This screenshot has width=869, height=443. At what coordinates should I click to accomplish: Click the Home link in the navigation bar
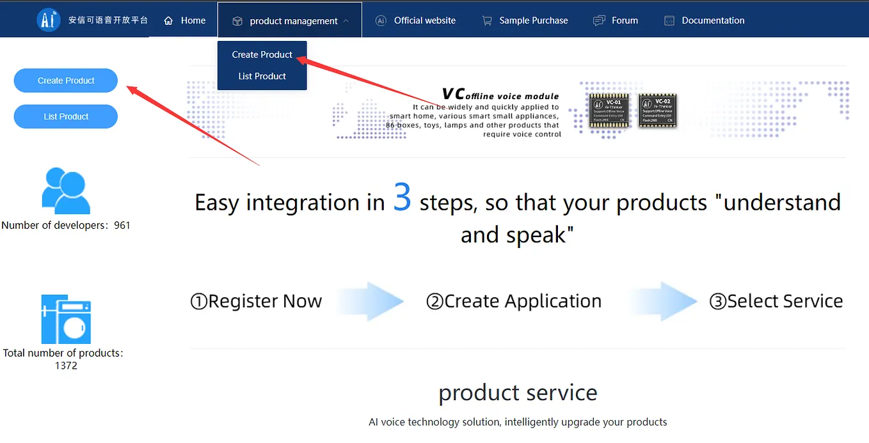(185, 20)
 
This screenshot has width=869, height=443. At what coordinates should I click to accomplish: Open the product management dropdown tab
(291, 21)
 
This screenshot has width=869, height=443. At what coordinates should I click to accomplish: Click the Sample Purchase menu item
(525, 20)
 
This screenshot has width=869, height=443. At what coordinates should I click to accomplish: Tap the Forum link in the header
(616, 20)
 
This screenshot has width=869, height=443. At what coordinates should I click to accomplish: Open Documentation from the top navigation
(705, 20)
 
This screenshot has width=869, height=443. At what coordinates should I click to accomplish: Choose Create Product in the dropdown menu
(262, 54)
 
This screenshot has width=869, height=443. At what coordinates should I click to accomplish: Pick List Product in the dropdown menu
(262, 76)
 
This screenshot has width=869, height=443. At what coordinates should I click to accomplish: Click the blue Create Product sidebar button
(66, 81)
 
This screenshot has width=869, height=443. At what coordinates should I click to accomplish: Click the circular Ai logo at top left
(49, 20)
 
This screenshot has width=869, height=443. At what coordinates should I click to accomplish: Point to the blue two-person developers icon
(65, 190)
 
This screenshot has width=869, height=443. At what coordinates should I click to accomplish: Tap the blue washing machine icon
(66, 319)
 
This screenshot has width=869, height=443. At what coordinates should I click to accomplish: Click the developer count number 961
(122, 225)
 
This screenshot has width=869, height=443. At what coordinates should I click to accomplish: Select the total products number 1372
(66, 366)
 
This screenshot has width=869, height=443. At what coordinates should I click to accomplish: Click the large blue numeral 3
(402, 198)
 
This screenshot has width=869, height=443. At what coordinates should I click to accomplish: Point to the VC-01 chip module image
(609, 111)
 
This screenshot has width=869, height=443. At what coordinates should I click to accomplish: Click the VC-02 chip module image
(657, 111)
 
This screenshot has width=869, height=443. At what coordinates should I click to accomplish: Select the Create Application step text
(514, 301)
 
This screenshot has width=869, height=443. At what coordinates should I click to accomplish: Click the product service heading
(518, 392)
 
